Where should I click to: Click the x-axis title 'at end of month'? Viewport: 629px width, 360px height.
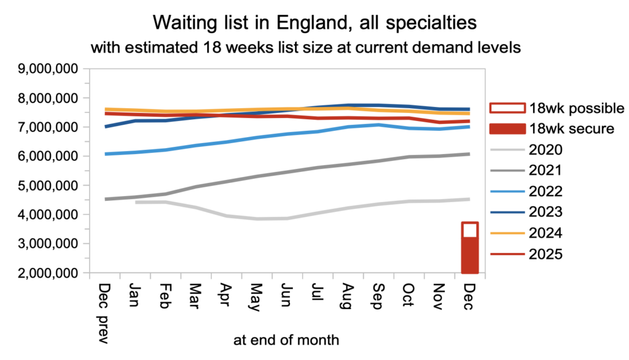(286, 338)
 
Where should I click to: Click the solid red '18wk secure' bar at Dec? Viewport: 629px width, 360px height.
(469, 255)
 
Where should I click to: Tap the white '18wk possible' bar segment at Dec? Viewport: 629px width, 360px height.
(469, 229)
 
